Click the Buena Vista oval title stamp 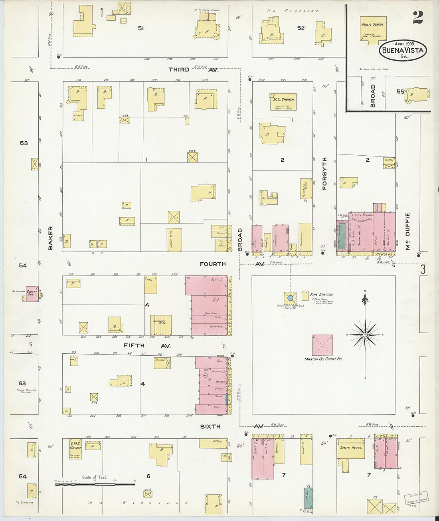pyautogui.click(x=403, y=50)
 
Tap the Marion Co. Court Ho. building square pyautogui.click(x=322, y=345)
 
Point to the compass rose pyautogui.click(x=365, y=334)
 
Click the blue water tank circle pyautogui.click(x=291, y=297)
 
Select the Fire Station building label pyautogui.click(x=321, y=295)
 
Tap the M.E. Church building pyautogui.click(x=283, y=102)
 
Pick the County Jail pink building pyautogui.click(x=32, y=293)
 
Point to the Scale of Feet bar pyautogui.click(x=95, y=484)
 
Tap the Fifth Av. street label pyautogui.click(x=146, y=346)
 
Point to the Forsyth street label pyautogui.click(x=324, y=173)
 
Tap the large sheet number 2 pyautogui.click(x=418, y=17)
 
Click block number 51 pyautogui.click(x=140, y=28)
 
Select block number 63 pyautogui.click(x=22, y=383)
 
